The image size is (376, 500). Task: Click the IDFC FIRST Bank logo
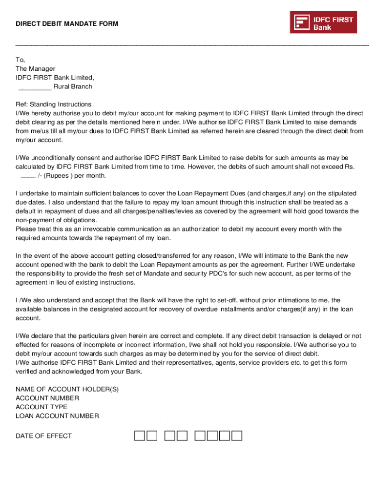click(323, 22)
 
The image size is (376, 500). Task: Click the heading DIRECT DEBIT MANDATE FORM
click(67, 23)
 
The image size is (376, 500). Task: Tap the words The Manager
click(35, 69)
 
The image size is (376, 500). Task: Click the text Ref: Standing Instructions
click(53, 104)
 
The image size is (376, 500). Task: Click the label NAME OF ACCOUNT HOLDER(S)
click(67, 389)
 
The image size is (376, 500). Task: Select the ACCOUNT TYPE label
click(42, 407)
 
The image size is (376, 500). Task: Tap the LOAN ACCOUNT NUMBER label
click(57, 416)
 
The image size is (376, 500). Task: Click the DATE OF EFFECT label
click(43, 436)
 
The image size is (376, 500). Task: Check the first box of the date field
click(140, 436)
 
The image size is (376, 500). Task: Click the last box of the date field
click(237, 436)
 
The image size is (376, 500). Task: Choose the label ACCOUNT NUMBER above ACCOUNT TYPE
click(47, 398)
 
